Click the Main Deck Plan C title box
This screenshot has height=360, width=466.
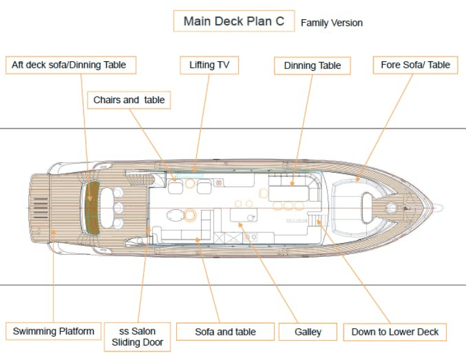pos(234,21)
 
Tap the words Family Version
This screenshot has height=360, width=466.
pos(332,23)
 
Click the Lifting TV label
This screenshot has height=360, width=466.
pos(209,65)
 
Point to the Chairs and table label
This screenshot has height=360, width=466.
pos(129,100)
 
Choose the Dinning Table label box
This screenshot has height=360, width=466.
pos(312,65)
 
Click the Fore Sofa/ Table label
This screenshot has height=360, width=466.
pos(415,65)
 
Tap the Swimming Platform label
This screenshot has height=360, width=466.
pos(53,331)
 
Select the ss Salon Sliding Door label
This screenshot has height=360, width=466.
pos(137,337)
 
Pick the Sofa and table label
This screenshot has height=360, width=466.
pos(225,332)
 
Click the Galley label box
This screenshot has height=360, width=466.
pos(308,332)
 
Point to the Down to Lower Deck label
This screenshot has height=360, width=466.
pos(395,332)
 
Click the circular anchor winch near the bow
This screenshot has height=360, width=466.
pos(392,208)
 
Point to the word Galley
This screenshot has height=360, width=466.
pos(308,332)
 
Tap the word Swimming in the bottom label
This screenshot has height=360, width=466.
pos(34,331)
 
